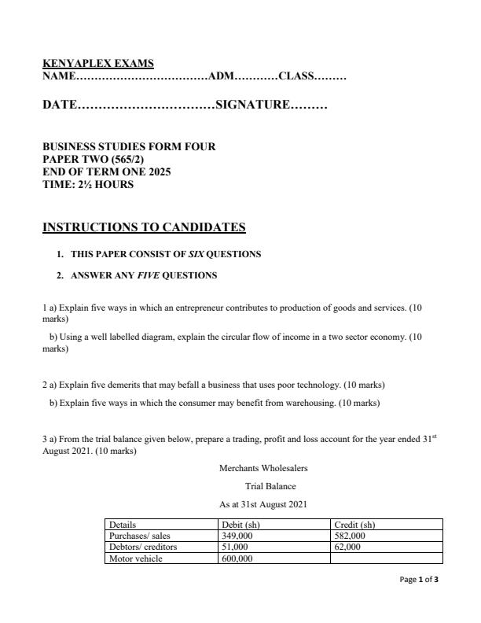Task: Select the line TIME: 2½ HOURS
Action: coord(88,184)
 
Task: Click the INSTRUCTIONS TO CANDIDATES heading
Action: coord(144,228)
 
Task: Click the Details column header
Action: coord(123,524)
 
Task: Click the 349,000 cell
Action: coord(237,535)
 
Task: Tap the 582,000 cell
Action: coord(350,535)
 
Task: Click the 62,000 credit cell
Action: coord(347,546)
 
